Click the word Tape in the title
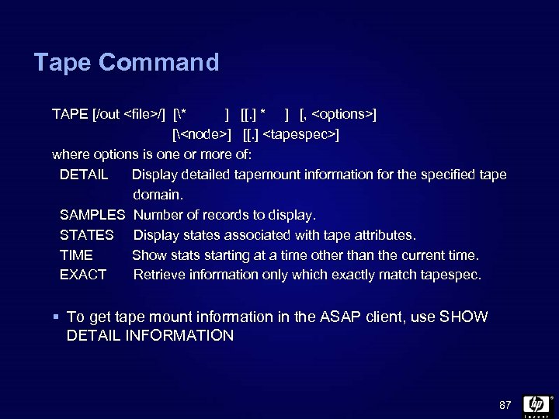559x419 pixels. pos(62,62)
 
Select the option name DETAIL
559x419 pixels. pos(84,175)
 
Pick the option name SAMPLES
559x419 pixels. pos(92,215)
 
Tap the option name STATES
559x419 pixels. pos(87,235)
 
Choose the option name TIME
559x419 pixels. pos(76,255)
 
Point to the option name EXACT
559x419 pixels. pos(83,275)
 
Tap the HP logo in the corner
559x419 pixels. pos(536,405)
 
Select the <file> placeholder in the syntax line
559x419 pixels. pos(141,115)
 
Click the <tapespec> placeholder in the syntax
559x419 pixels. pos(300,135)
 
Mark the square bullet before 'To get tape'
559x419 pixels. pos(57,317)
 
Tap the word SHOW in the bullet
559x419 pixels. pos(464,317)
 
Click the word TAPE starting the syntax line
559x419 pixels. pos(70,115)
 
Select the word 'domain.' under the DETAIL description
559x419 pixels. pos(158,195)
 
